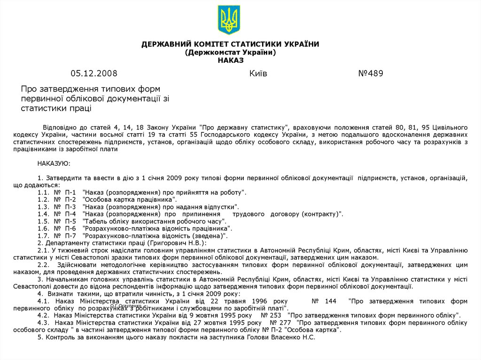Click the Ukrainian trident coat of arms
229,20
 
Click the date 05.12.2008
94,73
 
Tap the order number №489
371,73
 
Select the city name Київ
258,73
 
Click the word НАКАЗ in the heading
230,60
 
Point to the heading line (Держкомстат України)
230,52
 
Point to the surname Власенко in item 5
289,337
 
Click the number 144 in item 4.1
331,300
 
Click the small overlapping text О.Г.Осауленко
126,306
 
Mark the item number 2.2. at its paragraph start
45,264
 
